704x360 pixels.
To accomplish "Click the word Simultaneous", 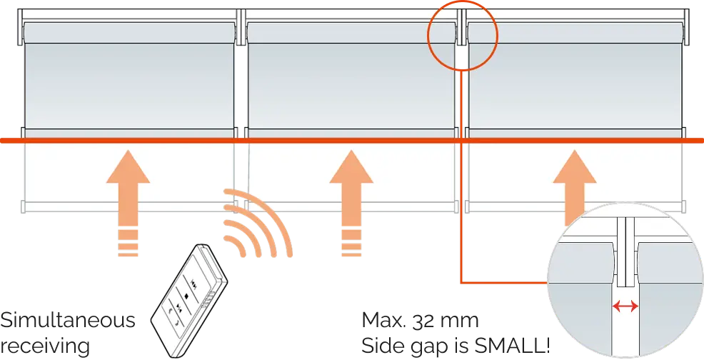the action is click(x=67, y=321).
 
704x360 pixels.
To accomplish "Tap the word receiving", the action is click(x=44, y=346).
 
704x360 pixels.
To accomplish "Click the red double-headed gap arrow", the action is click(x=625, y=307).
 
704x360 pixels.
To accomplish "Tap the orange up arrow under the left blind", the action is click(x=128, y=203).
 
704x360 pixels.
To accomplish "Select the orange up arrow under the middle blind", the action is click(x=351, y=203).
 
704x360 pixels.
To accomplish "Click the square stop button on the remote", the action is click(x=186, y=296).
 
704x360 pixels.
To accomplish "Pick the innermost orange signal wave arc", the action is click(x=236, y=244).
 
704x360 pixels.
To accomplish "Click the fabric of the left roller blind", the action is click(x=129, y=86).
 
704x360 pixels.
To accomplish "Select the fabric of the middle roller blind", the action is click(x=351, y=86).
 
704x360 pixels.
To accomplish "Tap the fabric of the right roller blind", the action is click(x=575, y=86).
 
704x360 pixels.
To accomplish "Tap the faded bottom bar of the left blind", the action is click(x=129, y=206).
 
